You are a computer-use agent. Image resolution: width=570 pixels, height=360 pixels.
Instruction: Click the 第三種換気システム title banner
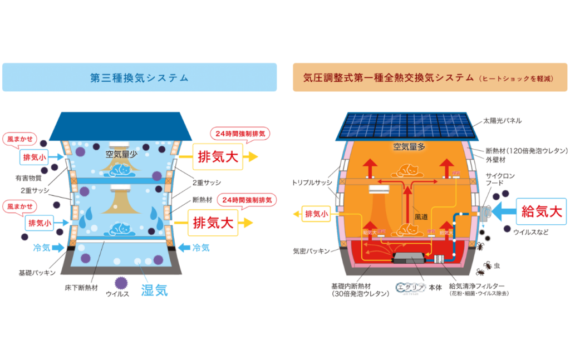(x=139, y=77)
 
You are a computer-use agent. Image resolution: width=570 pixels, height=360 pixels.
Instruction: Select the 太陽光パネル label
(x=502, y=120)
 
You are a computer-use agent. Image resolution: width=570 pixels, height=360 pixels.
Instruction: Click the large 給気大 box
(x=542, y=211)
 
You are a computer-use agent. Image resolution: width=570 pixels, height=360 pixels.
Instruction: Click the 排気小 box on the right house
(x=316, y=213)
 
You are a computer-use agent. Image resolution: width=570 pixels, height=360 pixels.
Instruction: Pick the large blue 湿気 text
(x=154, y=289)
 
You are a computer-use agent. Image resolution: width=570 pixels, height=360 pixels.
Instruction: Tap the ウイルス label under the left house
(x=117, y=293)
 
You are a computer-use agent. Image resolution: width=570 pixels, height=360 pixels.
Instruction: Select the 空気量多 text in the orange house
(x=409, y=147)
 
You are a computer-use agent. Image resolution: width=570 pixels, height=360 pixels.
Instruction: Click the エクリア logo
(x=410, y=288)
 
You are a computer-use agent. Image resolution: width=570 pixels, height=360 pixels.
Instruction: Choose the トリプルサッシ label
(x=311, y=183)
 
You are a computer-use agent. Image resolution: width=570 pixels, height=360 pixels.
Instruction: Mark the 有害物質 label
(x=28, y=178)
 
